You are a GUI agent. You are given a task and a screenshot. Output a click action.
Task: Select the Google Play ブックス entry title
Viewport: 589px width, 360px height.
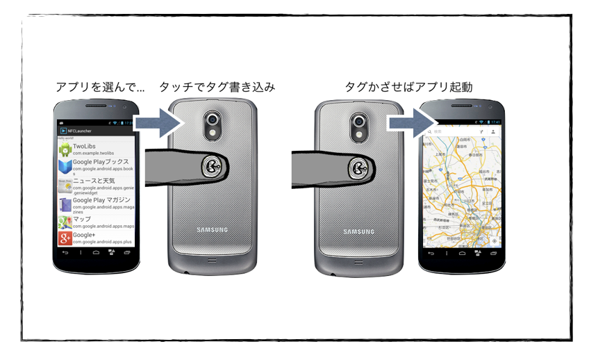click(x=101, y=163)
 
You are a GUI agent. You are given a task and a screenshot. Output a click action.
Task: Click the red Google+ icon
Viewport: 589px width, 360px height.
click(x=65, y=238)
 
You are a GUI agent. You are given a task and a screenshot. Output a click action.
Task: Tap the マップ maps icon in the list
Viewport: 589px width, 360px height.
click(x=65, y=222)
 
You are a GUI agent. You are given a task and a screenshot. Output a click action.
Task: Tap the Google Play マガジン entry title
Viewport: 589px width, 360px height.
click(x=101, y=201)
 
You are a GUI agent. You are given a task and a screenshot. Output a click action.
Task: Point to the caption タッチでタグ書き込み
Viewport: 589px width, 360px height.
click(x=217, y=88)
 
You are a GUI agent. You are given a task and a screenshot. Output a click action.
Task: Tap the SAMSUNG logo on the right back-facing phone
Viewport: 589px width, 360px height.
click(x=358, y=231)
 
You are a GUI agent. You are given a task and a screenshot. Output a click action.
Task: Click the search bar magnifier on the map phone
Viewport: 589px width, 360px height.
click(x=429, y=131)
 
